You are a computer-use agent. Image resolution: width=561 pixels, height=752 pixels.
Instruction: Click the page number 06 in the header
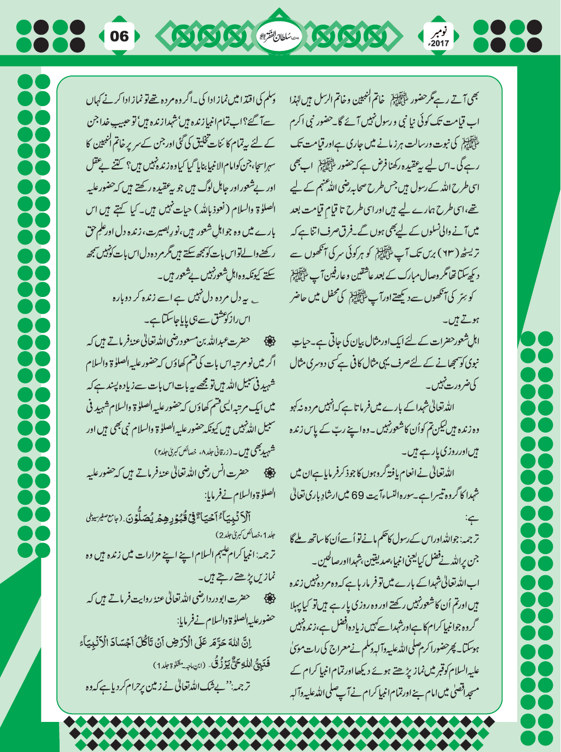click(x=119, y=37)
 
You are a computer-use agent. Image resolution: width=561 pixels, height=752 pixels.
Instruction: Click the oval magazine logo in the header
click(x=279, y=37)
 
